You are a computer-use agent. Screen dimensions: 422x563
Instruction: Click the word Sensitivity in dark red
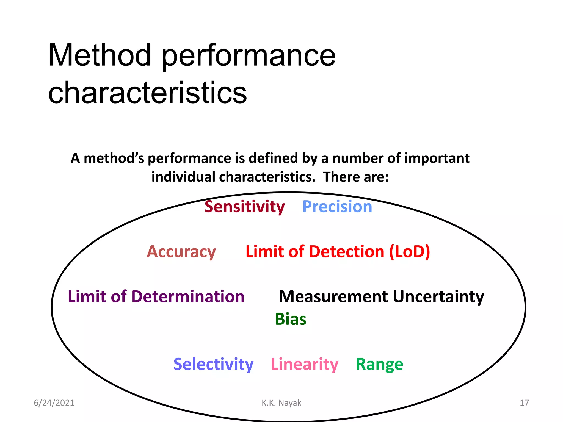coord(244,207)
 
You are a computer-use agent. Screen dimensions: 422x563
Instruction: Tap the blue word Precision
coord(337,207)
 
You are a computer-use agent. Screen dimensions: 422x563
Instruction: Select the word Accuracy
coord(181,252)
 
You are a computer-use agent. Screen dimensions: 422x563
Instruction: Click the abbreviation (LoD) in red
coord(410,252)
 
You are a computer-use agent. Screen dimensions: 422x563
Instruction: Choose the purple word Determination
coord(188,297)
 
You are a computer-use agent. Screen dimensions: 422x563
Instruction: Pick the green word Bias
coord(291,319)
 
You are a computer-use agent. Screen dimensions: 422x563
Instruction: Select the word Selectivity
coord(213,364)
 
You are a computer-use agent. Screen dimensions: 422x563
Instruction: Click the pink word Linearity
coord(304,364)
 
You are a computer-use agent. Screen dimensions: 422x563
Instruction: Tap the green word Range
coord(379,364)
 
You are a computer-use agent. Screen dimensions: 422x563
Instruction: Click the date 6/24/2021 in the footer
coord(54,403)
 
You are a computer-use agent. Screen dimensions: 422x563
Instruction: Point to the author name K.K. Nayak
coord(281,403)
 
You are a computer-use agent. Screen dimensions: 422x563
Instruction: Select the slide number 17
coord(524,403)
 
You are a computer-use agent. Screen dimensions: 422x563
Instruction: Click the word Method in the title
coord(100,55)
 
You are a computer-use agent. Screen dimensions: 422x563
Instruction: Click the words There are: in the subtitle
coord(356,177)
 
